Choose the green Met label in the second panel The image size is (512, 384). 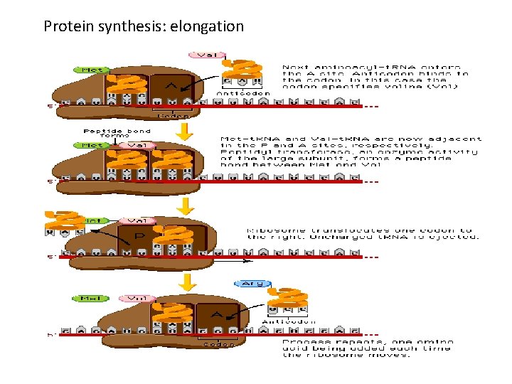point(90,145)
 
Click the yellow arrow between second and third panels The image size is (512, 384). point(186,206)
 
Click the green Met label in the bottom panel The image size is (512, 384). point(90,298)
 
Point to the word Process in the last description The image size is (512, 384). point(302,341)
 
